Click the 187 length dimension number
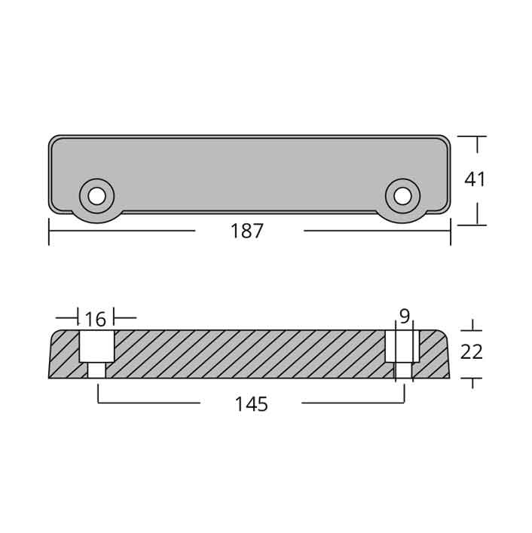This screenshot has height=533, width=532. point(247,231)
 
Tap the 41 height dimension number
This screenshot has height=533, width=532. point(475,179)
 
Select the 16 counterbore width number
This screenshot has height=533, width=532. point(96,319)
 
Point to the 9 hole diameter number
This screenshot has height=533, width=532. point(405,317)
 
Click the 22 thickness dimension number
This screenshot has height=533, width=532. point(472,352)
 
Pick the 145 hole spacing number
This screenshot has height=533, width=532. point(252,404)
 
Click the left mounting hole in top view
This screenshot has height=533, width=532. point(96,197)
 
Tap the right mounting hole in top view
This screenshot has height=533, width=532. point(403,197)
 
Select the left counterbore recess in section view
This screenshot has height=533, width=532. point(96,346)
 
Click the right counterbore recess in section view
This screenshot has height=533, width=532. point(402,346)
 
